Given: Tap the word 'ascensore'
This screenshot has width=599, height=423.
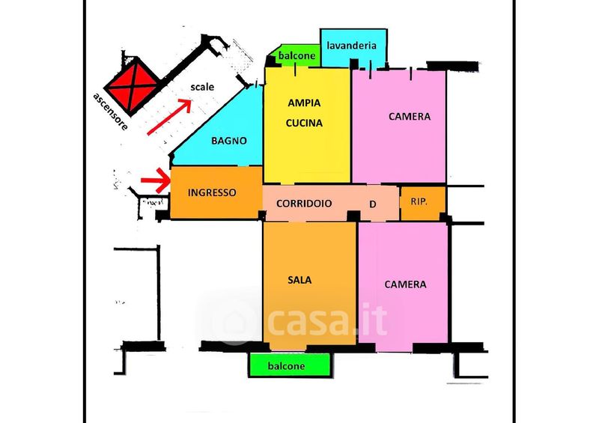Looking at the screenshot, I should (x=109, y=111).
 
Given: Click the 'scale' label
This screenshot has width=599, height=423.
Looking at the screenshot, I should (x=202, y=87).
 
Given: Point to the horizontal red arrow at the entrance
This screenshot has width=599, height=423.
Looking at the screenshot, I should (x=154, y=180).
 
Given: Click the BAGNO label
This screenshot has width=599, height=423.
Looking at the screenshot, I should (x=228, y=140).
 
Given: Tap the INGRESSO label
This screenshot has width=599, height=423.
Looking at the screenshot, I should (x=212, y=192).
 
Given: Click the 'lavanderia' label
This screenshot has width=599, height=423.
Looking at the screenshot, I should (x=353, y=46).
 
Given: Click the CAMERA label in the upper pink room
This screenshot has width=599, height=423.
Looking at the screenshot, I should (x=409, y=117).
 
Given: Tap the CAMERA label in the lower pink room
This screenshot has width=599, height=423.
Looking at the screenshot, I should (x=405, y=284).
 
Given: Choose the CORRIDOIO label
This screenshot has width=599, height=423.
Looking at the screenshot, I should (x=304, y=203).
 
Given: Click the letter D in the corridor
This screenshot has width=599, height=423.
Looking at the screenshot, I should (x=373, y=204).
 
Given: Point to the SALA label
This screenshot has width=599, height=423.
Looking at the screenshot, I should (x=299, y=280).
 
